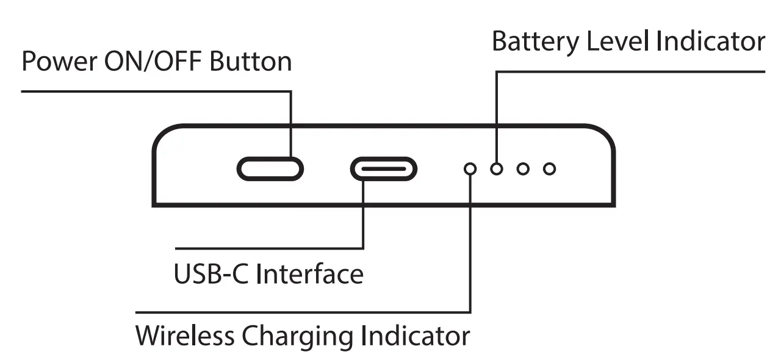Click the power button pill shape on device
click(270, 169)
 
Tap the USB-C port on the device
click(383, 169)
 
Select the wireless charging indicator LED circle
click(470, 169)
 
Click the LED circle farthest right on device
click(550, 169)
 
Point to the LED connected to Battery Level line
click(497, 169)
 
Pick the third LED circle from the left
click(523, 169)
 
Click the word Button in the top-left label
click(251, 62)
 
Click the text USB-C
click(211, 274)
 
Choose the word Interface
click(309, 274)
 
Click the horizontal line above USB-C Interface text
click(268, 248)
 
